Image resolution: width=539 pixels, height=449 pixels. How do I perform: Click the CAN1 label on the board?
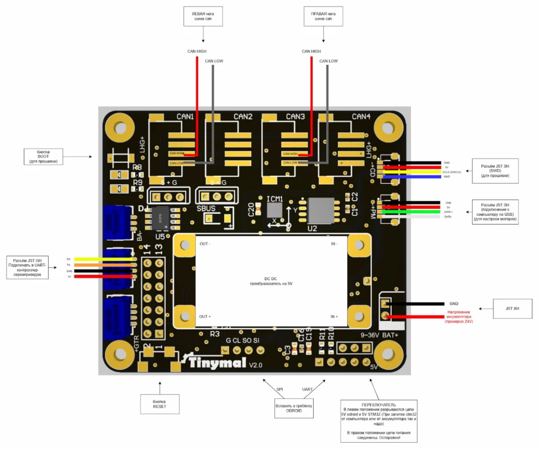185,117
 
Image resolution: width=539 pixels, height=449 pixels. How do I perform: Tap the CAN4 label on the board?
361,117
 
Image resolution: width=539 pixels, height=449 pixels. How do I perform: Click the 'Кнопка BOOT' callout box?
46,157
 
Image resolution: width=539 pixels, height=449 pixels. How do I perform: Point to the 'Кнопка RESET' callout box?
159,403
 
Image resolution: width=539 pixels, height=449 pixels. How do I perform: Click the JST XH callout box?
513,308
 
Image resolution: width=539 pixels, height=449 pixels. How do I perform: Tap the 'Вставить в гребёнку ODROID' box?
294,408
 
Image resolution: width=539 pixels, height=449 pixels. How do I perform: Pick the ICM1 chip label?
275,199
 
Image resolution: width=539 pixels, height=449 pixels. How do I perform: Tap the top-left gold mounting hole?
118,128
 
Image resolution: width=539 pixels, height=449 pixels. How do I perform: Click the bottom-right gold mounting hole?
389,355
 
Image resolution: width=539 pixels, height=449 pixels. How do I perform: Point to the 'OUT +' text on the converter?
205,316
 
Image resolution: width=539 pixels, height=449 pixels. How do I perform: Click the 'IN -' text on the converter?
334,244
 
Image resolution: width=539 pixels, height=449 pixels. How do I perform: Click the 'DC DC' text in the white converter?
271,278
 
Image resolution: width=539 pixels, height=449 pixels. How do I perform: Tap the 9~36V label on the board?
371,335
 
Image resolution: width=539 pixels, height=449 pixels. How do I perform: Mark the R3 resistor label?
215,334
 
